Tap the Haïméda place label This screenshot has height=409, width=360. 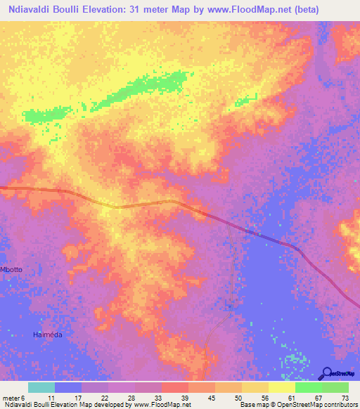(x=48, y=335)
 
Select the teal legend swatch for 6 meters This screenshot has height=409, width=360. (x=41, y=387)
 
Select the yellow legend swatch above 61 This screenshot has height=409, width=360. (x=282, y=387)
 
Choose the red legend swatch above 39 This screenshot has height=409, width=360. (x=175, y=387)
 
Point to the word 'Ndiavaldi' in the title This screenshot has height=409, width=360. (x=26, y=10)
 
